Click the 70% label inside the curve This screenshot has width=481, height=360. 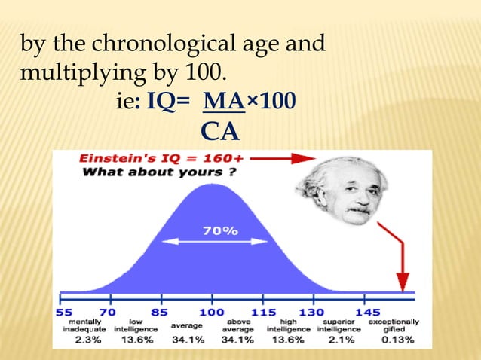click(x=221, y=231)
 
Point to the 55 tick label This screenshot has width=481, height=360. click(x=66, y=312)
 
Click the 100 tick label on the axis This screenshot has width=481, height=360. click(x=211, y=312)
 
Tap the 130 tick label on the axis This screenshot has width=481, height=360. click(x=311, y=312)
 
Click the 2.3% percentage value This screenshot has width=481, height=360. click(x=84, y=340)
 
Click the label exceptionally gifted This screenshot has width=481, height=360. click(x=394, y=325)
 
